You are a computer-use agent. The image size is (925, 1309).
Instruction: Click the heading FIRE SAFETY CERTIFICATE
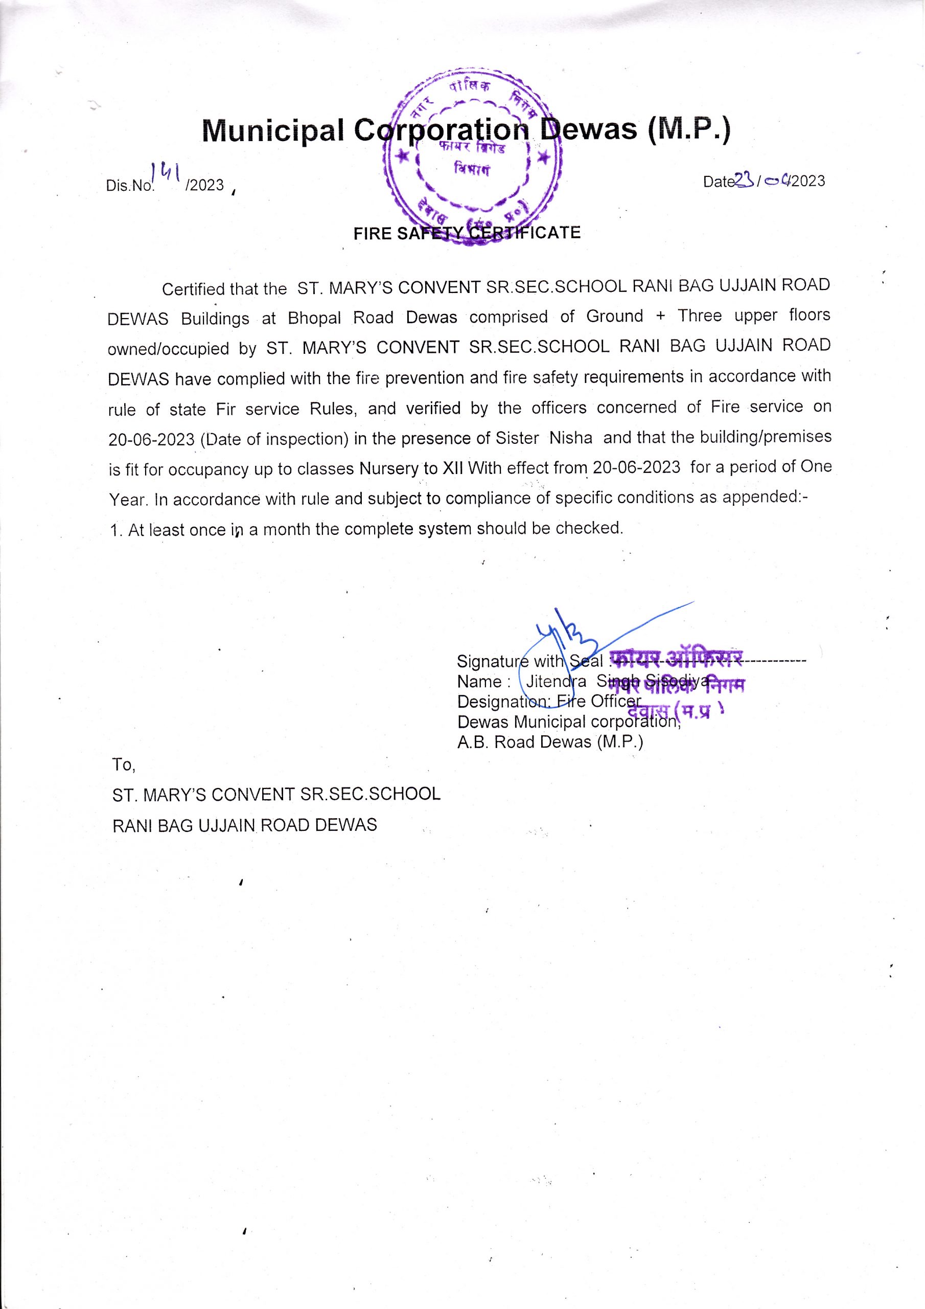467,233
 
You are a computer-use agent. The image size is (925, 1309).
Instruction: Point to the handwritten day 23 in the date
744,180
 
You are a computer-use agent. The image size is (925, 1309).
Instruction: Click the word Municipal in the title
273,130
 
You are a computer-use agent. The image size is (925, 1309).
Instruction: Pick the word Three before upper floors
699,316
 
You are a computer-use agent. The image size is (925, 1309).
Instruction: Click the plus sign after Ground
661,317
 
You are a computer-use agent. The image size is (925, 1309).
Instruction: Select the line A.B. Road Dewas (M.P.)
550,742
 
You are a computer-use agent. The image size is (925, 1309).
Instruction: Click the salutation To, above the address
124,764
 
